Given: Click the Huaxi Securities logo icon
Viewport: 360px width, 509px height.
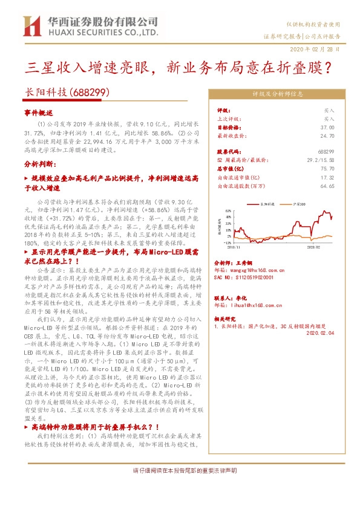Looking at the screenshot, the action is click(x=31, y=26).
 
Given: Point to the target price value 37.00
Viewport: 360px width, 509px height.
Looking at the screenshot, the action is click(x=328, y=128).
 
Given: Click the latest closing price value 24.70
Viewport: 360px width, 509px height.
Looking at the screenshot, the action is click(x=328, y=136).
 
